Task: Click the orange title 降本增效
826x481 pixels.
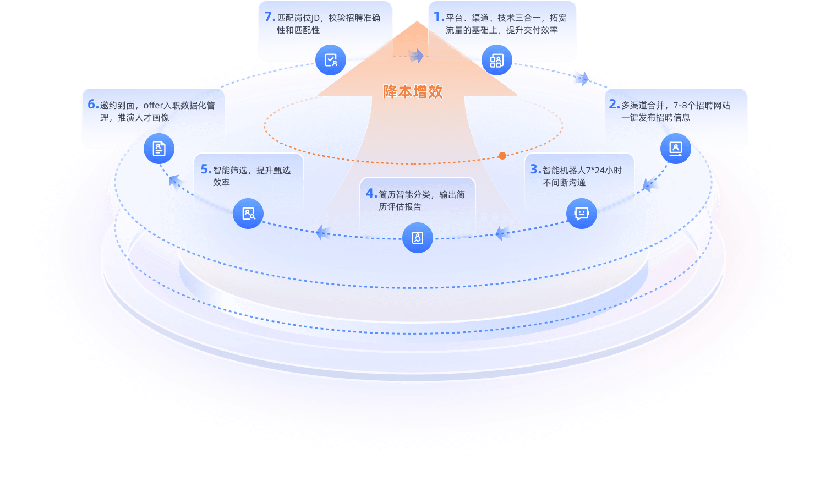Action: coord(413,92)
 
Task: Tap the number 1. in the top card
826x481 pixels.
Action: coord(439,17)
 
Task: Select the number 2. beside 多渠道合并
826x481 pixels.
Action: coord(614,104)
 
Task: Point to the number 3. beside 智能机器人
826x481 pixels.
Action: coord(535,170)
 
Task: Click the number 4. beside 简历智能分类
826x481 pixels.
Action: coord(371,194)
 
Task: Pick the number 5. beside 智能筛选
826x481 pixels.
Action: coord(206,170)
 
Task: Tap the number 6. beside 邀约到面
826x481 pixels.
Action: coord(93,105)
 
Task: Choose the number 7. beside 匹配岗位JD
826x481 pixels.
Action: coord(270,17)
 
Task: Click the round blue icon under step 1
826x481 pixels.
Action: coord(496,61)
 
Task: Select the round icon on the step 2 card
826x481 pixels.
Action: coord(675,149)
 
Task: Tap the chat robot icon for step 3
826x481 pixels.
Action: coord(581,214)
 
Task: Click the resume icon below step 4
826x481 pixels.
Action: coord(418,238)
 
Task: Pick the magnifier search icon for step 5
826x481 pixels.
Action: coord(248,214)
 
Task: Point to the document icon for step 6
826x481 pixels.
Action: coord(159,149)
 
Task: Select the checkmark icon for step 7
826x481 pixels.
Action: coord(331,61)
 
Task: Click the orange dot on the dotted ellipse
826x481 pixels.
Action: coord(502,156)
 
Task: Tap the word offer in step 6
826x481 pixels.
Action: coord(154,105)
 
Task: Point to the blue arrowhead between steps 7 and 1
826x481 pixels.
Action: coord(417,55)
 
